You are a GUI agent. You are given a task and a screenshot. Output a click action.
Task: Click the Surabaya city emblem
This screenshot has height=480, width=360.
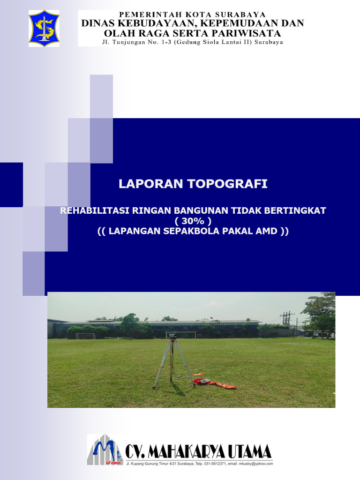[44, 29]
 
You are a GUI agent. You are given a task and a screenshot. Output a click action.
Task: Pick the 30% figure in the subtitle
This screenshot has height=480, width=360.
[193, 221]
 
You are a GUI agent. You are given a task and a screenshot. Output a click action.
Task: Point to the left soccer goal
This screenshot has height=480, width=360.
[85, 336]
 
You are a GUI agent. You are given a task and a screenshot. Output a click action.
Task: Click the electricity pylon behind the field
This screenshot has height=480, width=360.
[286, 319]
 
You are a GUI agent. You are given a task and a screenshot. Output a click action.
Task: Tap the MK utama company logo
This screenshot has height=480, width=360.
[105, 450]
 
